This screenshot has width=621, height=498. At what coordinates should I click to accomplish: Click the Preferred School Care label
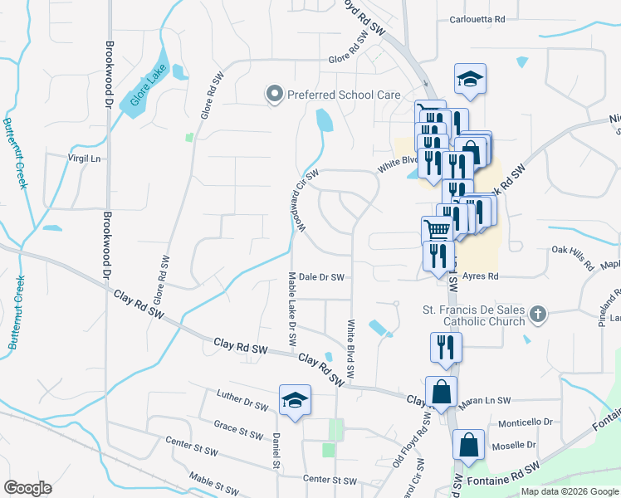344,95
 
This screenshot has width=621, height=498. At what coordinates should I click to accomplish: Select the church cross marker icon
538,315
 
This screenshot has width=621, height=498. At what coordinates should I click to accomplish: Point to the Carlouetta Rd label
477,19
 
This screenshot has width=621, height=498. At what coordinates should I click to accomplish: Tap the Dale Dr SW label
321,278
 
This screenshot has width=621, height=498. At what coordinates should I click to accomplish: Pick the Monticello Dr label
526,422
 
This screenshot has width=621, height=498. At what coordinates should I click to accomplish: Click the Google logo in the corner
27,488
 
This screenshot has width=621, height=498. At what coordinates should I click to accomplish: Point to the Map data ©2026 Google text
569,491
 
